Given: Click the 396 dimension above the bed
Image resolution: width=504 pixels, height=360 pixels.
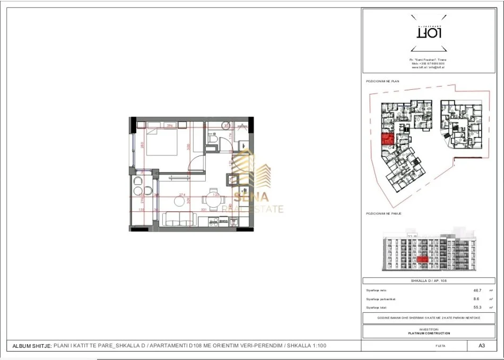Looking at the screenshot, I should [x=170, y=126].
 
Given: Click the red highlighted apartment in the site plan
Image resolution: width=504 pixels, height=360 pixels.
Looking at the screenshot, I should [x=387, y=140].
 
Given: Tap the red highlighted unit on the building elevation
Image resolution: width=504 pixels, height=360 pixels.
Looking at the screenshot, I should [x=422, y=259].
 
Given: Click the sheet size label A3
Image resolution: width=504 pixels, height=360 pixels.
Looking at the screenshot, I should [x=481, y=346].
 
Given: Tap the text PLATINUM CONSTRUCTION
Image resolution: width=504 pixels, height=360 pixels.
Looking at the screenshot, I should [x=429, y=333].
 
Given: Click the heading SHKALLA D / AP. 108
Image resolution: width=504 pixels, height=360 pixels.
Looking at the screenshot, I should [x=429, y=281].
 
